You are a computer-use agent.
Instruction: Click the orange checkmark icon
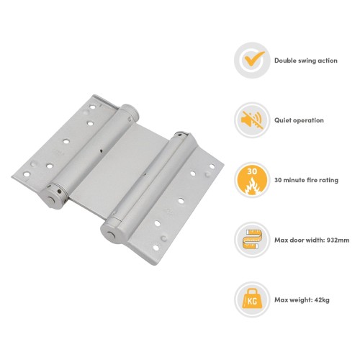click(253, 59)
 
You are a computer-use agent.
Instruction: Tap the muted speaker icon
click(252, 120)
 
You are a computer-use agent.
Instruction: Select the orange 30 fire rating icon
click(252, 180)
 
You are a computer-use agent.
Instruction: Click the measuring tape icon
click(252, 239)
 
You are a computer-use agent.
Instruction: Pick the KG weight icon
click(252, 299)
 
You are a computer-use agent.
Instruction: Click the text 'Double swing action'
click(306, 60)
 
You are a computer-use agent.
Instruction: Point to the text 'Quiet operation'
click(299, 120)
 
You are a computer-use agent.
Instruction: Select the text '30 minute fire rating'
click(307, 180)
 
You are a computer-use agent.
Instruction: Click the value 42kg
click(322, 300)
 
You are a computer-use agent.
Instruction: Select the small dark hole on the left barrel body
click(101, 151)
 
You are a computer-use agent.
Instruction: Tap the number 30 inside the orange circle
click(252, 171)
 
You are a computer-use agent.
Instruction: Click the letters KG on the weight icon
click(252, 301)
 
